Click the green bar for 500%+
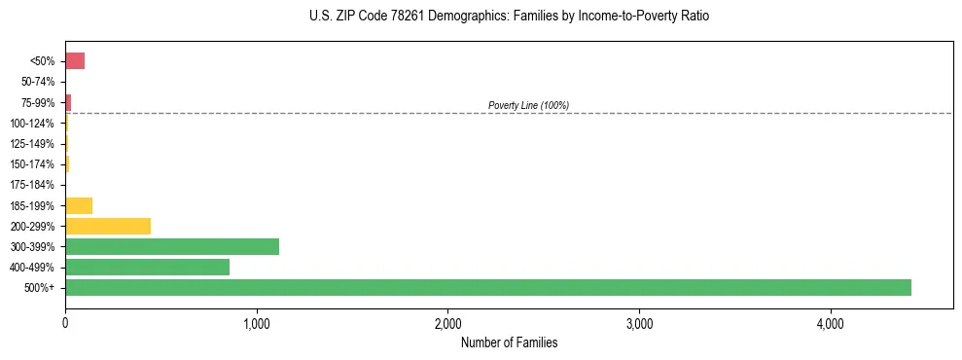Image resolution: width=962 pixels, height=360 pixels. click(487, 287)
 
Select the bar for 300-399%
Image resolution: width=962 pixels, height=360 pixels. click(172, 246)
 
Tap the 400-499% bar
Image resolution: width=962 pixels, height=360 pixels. click(147, 267)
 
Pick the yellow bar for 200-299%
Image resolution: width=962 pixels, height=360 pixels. click(108, 226)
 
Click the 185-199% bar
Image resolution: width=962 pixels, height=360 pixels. click(79, 205)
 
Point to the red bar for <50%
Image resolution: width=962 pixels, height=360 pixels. click(75, 61)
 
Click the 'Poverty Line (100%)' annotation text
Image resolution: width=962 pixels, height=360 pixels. click(528, 105)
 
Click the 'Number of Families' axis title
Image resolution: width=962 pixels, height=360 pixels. click(509, 342)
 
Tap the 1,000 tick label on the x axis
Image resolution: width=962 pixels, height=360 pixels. click(257, 323)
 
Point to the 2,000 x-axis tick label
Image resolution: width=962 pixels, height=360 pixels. click(447, 323)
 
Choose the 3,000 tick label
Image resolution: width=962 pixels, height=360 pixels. click(639, 323)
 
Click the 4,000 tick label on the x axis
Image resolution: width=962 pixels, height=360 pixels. click(830, 323)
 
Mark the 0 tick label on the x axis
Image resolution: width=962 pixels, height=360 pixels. click(65, 323)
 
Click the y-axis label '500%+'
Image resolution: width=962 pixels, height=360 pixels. click(41, 288)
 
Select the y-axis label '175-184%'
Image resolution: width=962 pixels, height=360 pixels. click(34, 185)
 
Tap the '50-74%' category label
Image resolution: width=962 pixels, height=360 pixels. click(37, 82)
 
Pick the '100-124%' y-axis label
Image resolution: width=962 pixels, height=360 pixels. click(34, 124)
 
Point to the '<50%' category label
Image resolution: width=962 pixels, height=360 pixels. click(42, 61)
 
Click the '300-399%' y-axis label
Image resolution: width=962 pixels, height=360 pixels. click(34, 247)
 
